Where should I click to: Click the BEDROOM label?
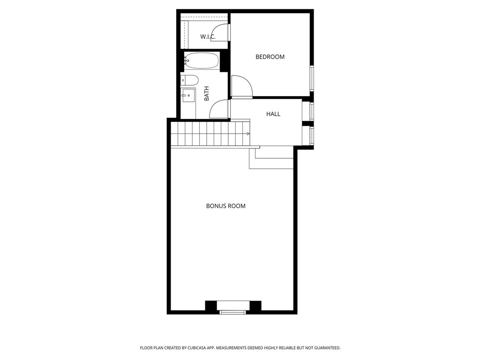click(270, 57)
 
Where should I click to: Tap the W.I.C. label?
click(208, 37)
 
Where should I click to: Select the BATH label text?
click(207, 93)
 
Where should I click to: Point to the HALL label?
click(273, 114)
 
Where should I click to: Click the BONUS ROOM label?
click(225, 206)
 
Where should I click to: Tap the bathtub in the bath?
click(202, 61)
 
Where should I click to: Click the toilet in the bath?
click(189, 80)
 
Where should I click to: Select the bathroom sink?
click(188, 95)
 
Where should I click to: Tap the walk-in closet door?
click(229, 33)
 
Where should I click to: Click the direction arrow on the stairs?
click(248, 134)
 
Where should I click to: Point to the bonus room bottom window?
click(233, 312)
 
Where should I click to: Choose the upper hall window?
click(312, 112)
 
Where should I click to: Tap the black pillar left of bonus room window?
click(211, 306)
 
